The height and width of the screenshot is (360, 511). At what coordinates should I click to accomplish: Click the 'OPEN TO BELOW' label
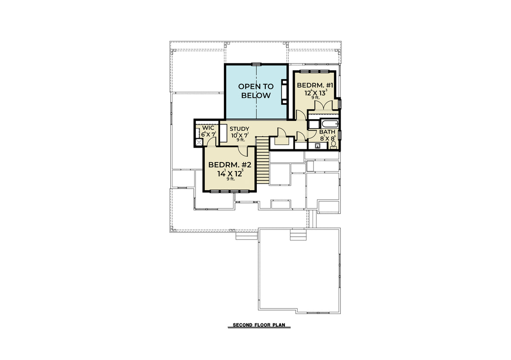click(256, 91)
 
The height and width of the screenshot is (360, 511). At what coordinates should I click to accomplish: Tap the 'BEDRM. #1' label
click(315, 86)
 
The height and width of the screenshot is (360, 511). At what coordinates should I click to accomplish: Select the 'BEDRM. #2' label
click(230, 165)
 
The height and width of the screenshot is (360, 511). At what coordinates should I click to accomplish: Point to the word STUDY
click(239, 129)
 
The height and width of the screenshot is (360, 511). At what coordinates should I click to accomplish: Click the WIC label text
click(208, 128)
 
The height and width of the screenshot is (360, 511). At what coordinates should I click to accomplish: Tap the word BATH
click(327, 132)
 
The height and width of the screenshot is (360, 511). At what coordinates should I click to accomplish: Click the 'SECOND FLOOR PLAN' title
click(259, 325)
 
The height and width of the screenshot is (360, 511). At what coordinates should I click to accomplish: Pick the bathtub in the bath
click(330, 124)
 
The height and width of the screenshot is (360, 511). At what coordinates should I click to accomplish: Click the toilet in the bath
click(333, 145)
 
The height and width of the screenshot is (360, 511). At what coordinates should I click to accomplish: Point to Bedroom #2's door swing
click(243, 151)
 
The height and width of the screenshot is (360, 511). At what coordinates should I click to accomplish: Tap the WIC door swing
click(211, 142)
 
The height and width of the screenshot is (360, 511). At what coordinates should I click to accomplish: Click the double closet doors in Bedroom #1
click(324, 105)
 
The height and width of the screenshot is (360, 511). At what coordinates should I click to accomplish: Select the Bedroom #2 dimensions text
click(230, 173)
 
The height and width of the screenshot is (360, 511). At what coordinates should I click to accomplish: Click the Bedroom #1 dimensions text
click(316, 93)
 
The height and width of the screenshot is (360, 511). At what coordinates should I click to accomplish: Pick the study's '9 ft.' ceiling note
click(241, 140)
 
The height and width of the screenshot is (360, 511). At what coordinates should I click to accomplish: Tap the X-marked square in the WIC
click(199, 142)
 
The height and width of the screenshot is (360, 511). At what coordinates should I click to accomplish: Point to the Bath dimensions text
click(328, 138)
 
